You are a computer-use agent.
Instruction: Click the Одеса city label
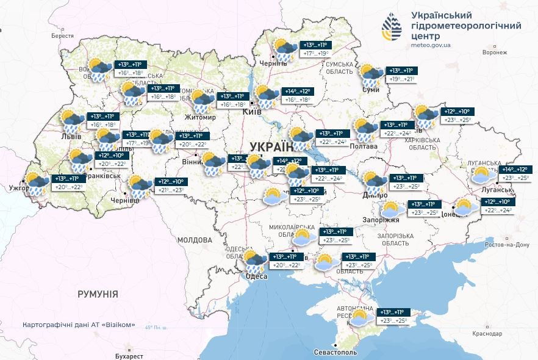pos(256,276)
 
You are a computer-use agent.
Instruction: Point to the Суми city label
pos(371,90)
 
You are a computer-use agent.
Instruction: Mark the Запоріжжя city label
pos(385,220)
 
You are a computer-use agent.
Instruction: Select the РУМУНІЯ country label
pos(98,294)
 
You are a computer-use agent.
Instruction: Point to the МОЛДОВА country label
pos(194,240)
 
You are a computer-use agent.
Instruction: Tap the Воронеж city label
pos(494,52)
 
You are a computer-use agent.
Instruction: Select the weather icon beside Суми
pos(370,74)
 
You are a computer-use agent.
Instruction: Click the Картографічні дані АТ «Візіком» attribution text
pos(79,325)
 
